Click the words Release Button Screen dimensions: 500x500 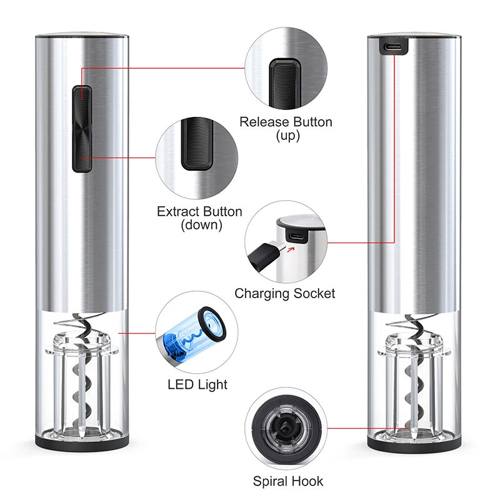coord(286,121)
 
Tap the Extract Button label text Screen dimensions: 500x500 coord(199,211)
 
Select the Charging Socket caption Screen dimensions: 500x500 coord(285,293)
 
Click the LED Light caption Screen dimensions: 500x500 coord(197,384)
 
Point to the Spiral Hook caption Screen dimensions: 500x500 coord(288,481)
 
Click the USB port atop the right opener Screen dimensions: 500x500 coord(393,47)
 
